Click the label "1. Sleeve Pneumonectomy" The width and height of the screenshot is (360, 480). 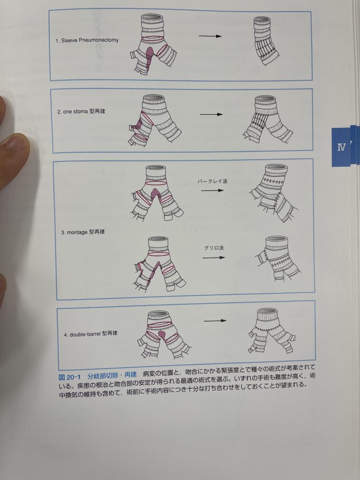87,40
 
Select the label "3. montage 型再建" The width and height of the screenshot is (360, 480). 86,232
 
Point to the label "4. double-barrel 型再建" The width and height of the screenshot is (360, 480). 90,334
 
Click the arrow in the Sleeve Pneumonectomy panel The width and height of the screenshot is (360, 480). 210,36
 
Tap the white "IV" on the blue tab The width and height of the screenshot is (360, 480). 342,147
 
